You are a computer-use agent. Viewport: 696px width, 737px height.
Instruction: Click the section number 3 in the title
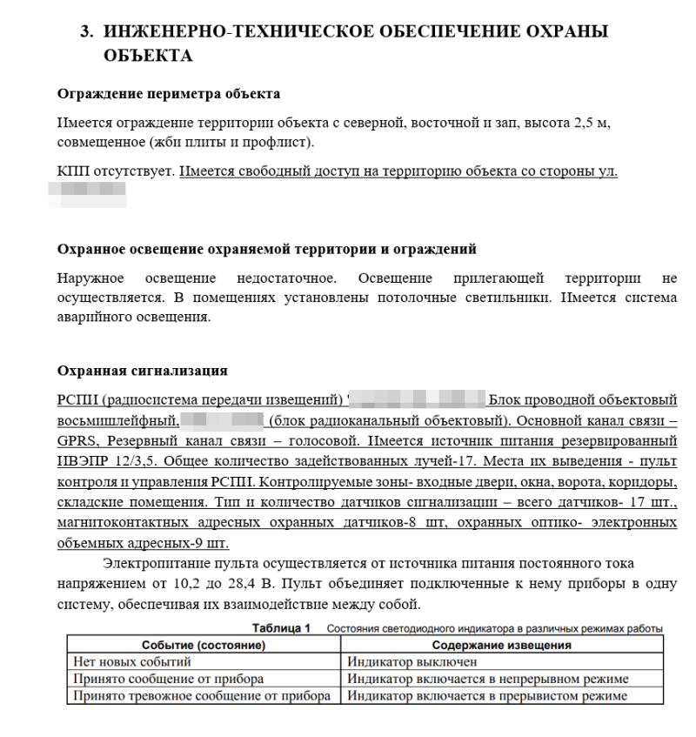pos(85,32)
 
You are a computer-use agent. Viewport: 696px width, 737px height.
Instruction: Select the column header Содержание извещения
pos(501,646)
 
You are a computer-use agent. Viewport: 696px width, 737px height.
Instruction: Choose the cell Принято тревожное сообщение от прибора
pos(201,695)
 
